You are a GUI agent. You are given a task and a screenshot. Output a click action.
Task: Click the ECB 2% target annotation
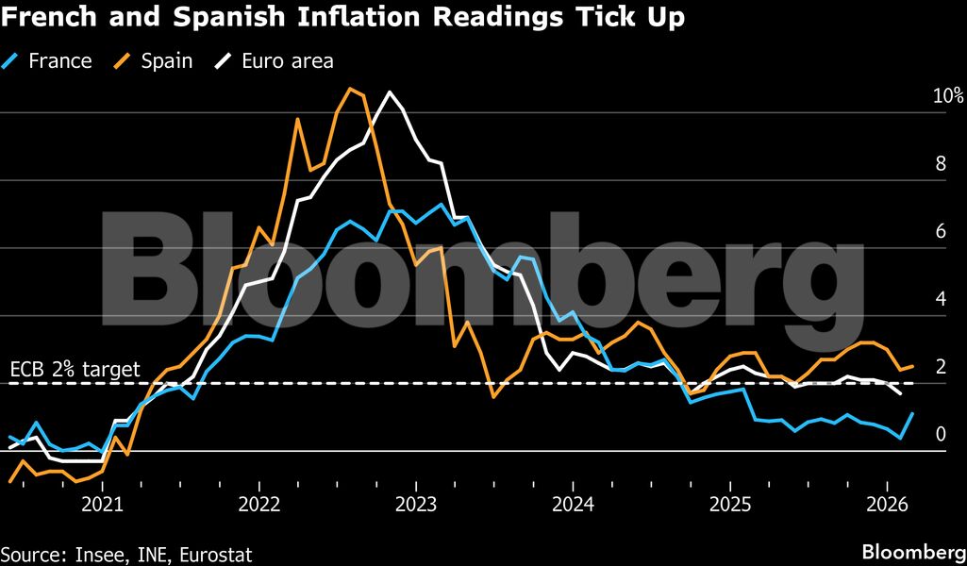click(75, 369)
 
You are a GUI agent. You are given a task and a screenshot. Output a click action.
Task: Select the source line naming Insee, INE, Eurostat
click(126, 553)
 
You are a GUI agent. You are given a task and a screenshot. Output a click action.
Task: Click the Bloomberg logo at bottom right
click(911, 551)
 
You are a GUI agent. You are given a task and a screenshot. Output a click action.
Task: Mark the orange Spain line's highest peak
click(350, 89)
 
